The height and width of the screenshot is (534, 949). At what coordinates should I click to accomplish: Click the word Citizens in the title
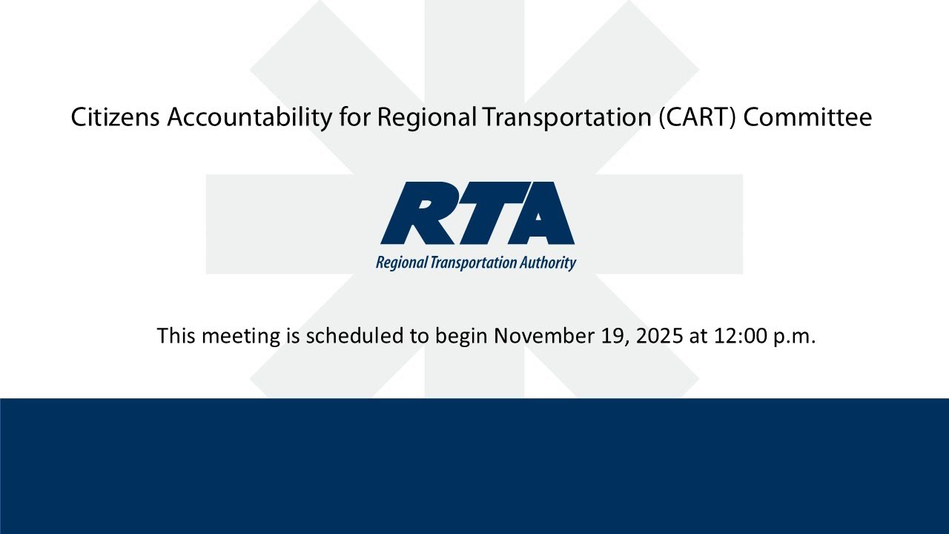[115, 117]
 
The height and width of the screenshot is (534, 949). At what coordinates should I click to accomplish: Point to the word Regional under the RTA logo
[401, 263]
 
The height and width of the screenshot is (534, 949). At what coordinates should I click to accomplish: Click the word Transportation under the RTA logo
[472, 263]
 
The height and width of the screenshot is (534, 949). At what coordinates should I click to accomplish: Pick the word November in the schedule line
[542, 336]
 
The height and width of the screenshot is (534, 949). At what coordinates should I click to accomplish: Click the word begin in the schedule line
[461, 336]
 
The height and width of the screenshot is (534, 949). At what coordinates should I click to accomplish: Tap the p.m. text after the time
[795, 336]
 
